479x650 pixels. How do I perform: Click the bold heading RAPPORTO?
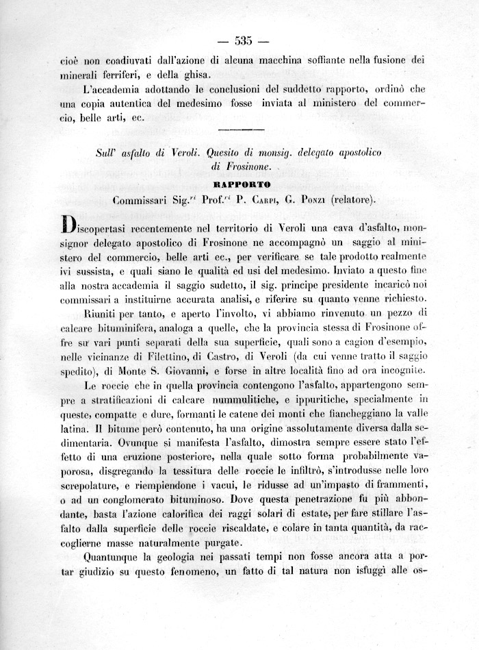click(242, 185)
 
